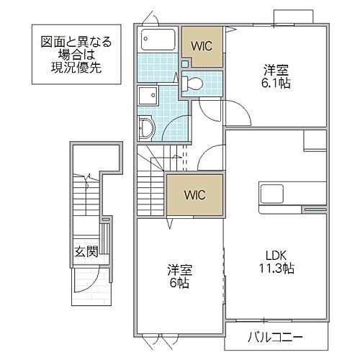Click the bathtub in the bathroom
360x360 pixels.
tap(158, 39)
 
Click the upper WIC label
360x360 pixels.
tap(202, 46)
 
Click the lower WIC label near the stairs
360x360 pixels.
tap(194, 194)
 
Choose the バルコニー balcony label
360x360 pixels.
tap(276, 336)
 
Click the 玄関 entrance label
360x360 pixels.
tap(86, 252)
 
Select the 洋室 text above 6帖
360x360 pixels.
tap(179, 271)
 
